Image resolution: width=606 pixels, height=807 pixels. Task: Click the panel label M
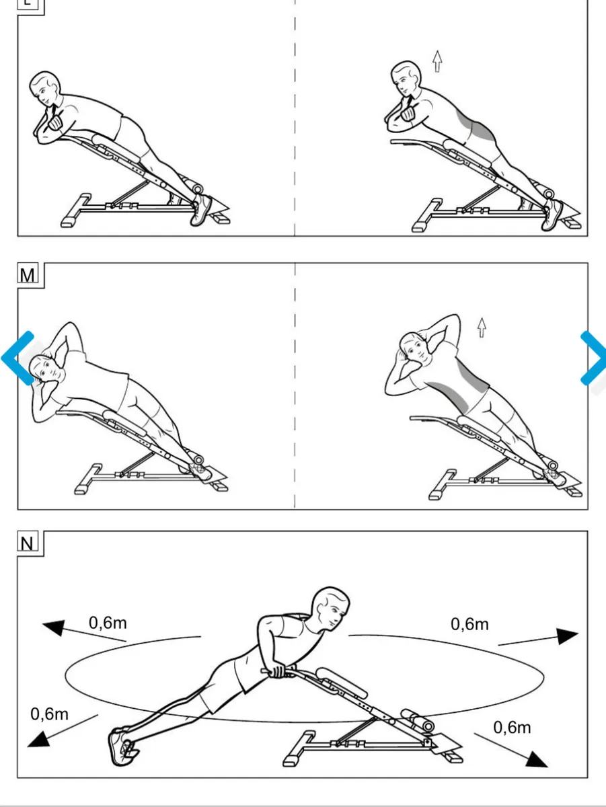coord(28,274)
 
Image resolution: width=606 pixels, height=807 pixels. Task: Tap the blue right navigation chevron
coord(593,358)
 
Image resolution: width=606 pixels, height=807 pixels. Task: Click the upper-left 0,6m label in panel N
coord(108,623)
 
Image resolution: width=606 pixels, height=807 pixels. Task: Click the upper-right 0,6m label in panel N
coord(469,624)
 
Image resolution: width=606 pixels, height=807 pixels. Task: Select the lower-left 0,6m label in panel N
coord(49,714)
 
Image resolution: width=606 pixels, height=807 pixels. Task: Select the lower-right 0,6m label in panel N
coord(512,727)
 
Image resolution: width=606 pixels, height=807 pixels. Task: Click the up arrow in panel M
coord(482,328)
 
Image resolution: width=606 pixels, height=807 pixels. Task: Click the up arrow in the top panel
coord(438,61)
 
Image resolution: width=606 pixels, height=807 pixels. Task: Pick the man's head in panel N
coord(332,609)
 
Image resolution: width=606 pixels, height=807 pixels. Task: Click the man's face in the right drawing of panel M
coord(413,347)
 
